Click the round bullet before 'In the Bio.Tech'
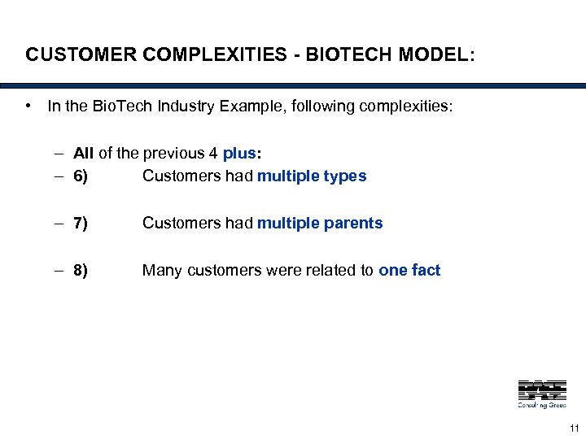[x=28, y=106]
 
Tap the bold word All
[x=83, y=153]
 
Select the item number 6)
[x=81, y=176]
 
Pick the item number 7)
[x=81, y=223]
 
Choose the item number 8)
[x=81, y=271]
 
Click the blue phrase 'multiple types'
[x=312, y=176]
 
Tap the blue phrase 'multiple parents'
[x=320, y=223]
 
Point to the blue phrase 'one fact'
[x=409, y=271]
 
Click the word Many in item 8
[x=162, y=271]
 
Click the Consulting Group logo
[x=542, y=393]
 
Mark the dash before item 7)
[x=61, y=223]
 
